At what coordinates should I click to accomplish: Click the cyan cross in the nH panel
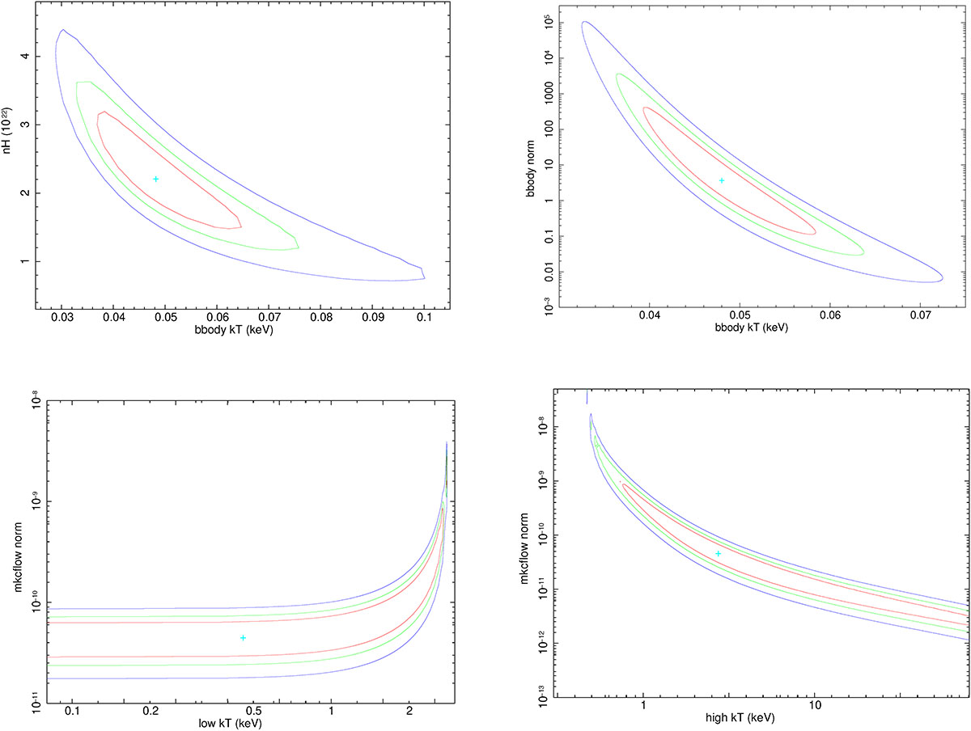coord(156,179)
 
